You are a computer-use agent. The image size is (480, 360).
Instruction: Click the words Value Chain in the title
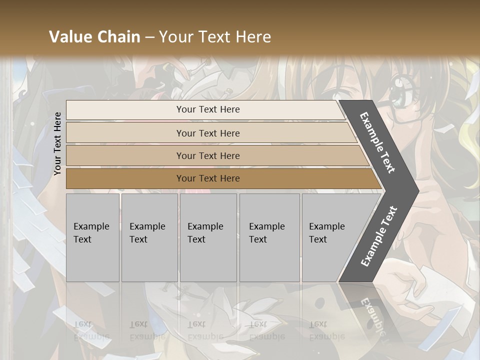(x=94, y=37)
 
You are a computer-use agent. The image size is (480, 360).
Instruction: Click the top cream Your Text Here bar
(x=207, y=109)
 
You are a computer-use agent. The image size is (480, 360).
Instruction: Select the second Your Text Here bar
(x=207, y=133)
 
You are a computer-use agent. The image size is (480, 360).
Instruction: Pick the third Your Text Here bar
(x=207, y=155)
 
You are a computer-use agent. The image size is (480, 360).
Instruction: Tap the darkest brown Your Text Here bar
(x=207, y=178)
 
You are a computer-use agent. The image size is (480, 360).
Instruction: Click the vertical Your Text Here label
(x=57, y=143)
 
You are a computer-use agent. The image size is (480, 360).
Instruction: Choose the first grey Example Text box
(x=92, y=237)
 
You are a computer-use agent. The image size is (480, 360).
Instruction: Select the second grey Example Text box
(x=149, y=237)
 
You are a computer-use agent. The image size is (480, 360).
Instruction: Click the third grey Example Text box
(x=208, y=237)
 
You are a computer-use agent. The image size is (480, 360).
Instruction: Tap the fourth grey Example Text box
(x=269, y=237)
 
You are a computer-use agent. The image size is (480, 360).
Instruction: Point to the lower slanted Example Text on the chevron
(x=379, y=236)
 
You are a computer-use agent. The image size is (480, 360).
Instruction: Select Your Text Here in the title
(x=215, y=37)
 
